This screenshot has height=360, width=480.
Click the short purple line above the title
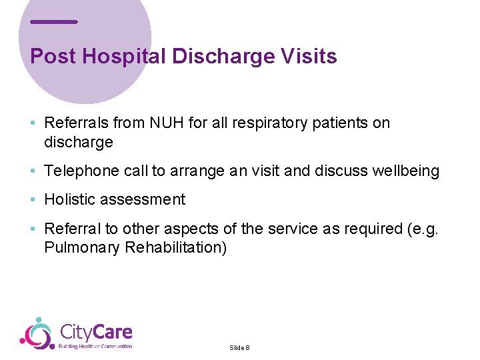click(54, 22)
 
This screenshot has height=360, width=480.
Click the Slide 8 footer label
click(239, 347)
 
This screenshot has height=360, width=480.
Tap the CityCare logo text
click(96, 331)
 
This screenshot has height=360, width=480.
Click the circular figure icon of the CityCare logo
click(37, 333)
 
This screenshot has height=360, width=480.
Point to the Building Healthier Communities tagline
click(95, 346)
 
